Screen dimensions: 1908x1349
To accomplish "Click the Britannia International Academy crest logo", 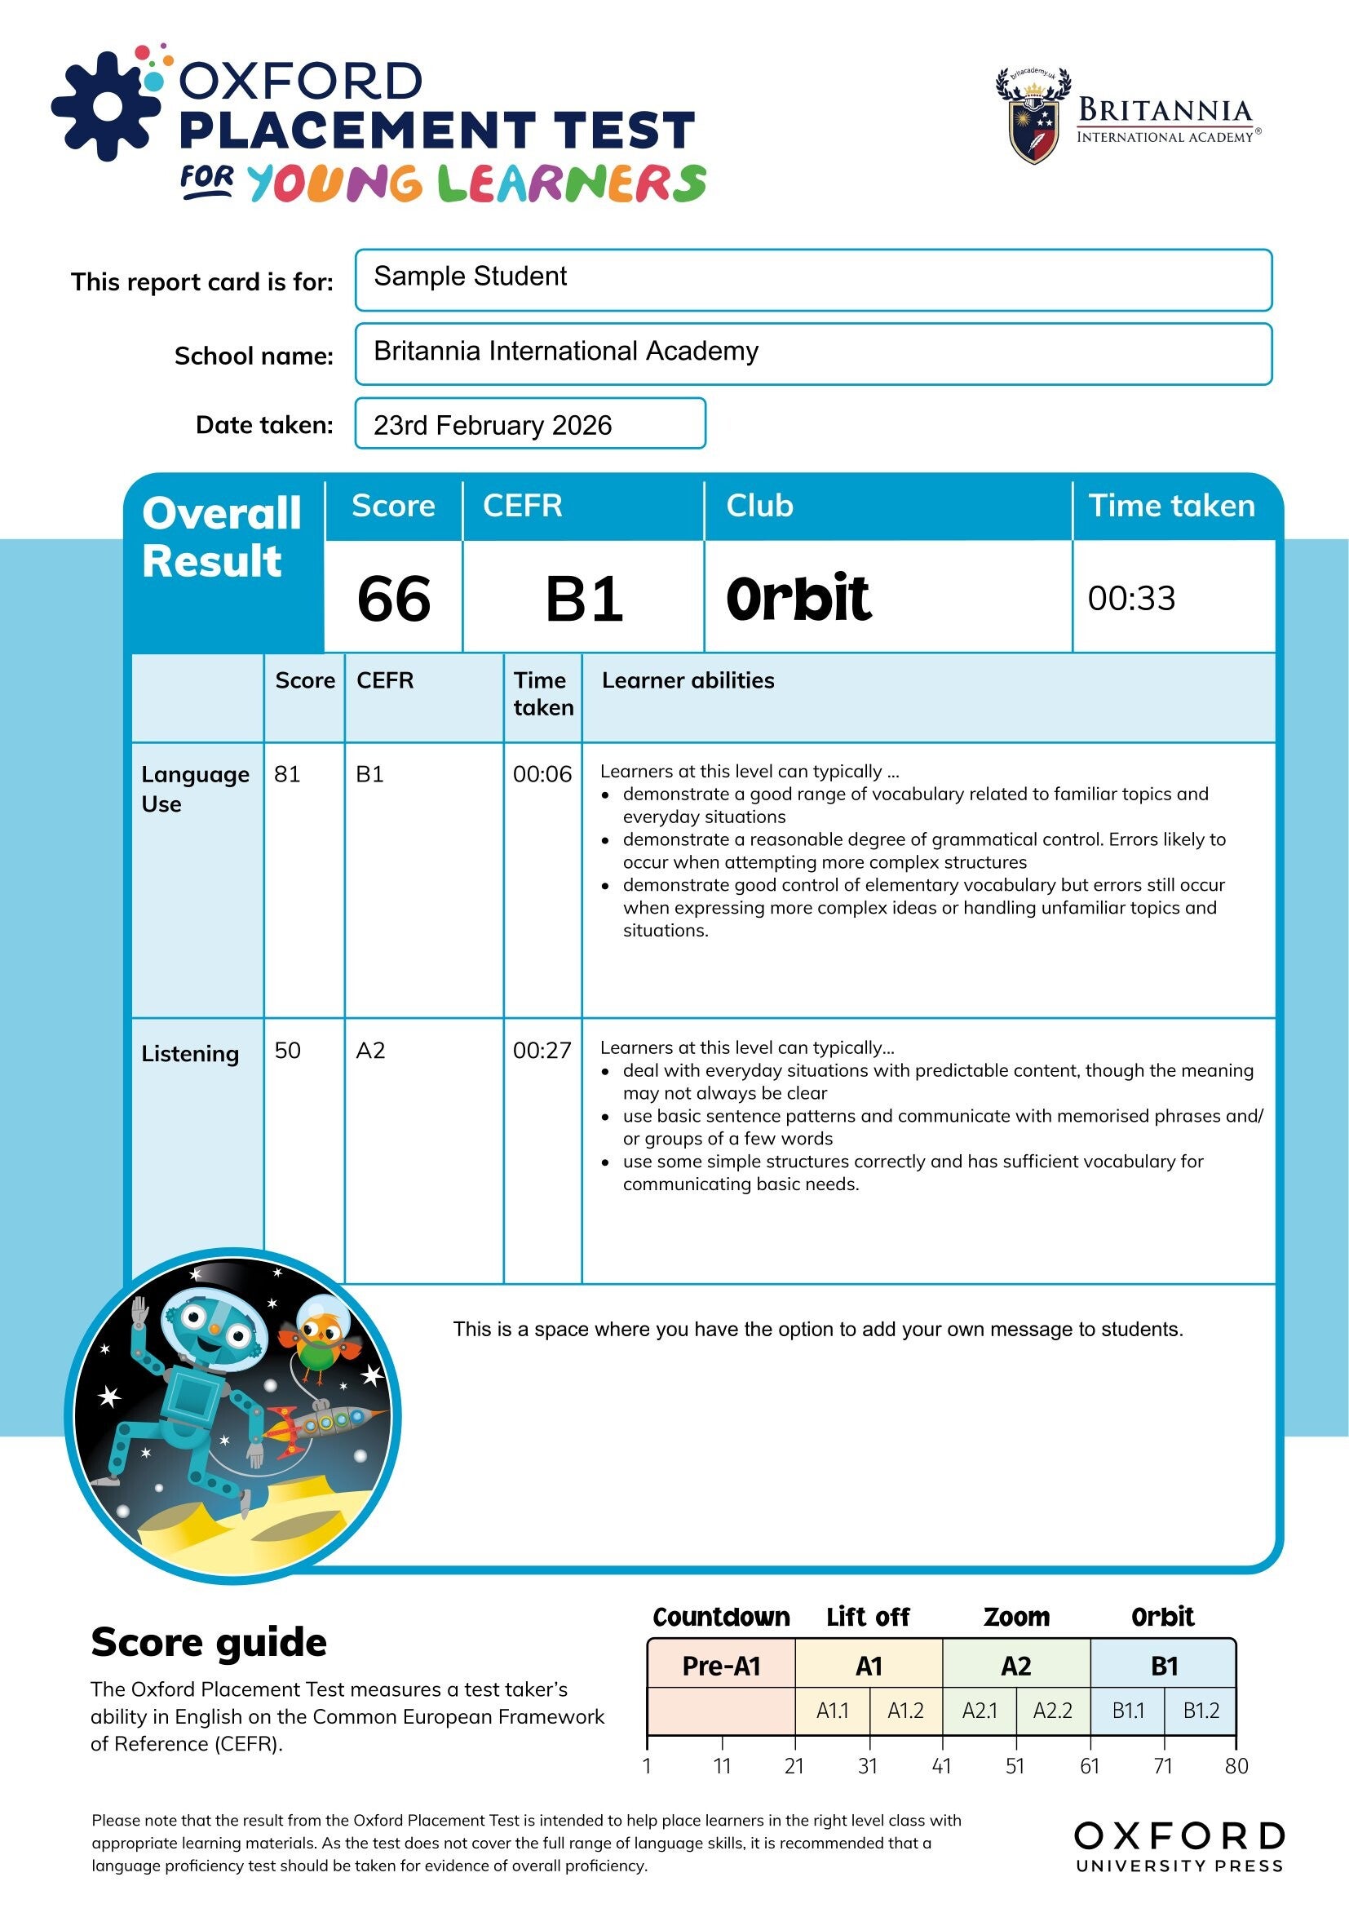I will [1033, 118].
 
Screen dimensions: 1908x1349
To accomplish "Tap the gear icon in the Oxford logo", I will [106, 105].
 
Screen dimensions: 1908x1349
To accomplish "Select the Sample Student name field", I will [812, 279].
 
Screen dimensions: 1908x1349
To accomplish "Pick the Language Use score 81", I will [287, 774].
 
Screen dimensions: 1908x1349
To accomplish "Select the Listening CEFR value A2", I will [370, 1051].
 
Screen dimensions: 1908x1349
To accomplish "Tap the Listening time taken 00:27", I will [542, 1051].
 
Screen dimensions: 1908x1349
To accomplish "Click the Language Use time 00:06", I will [542, 774].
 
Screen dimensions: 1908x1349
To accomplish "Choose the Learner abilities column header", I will [688, 680].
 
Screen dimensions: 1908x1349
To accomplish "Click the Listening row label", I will [190, 1054].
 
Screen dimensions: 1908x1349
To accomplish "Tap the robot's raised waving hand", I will [139, 1313].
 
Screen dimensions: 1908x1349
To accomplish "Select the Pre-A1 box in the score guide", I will [721, 1667].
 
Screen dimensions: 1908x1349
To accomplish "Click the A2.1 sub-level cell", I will [980, 1711].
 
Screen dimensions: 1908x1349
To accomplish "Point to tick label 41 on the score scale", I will [941, 1766].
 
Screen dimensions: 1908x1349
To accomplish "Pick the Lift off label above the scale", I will [868, 1617].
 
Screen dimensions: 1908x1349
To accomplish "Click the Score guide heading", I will [209, 1643].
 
